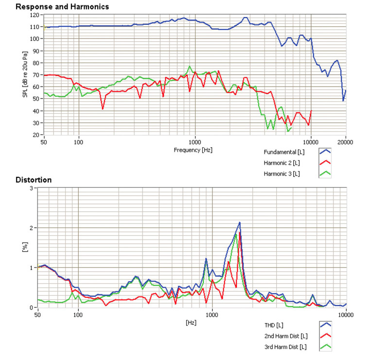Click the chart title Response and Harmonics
click(62, 7)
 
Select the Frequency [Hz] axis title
click(193, 150)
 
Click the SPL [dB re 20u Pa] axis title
click(25, 75)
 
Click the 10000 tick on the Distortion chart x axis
click(345, 315)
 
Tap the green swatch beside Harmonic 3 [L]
click(324, 173)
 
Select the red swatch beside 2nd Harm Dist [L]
click(324, 336)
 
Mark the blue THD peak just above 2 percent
click(240, 223)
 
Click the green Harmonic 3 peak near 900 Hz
click(190, 67)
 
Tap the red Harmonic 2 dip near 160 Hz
click(103, 108)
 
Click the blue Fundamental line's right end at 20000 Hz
click(346, 90)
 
